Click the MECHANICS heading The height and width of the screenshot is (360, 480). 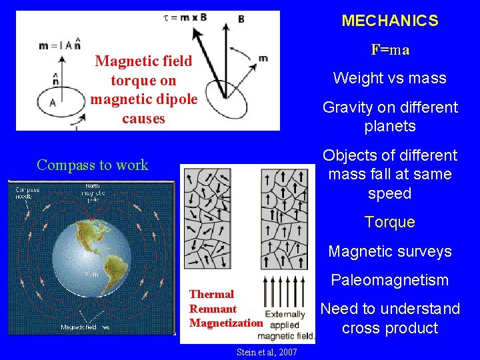coord(390,21)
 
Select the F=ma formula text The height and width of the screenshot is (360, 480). coord(390,50)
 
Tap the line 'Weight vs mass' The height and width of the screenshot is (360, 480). coord(390,78)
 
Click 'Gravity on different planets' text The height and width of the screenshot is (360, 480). coord(390,117)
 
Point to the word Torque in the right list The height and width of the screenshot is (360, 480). coord(390,222)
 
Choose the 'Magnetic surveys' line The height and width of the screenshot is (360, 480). coord(390,251)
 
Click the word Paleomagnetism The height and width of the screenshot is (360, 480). coord(390,280)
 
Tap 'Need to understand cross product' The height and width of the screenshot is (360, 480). coord(390,318)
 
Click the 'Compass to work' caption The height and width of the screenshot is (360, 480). coord(93,165)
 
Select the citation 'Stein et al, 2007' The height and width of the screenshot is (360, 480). coord(267,351)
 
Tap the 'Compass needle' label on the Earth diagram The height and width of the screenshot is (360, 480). coord(28,193)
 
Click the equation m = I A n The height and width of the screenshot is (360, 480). coord(60,45)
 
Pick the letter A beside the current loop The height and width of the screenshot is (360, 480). coord(53,103)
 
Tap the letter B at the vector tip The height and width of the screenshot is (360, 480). coord(241,19)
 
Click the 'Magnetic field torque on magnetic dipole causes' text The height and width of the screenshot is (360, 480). coord(143,90)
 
